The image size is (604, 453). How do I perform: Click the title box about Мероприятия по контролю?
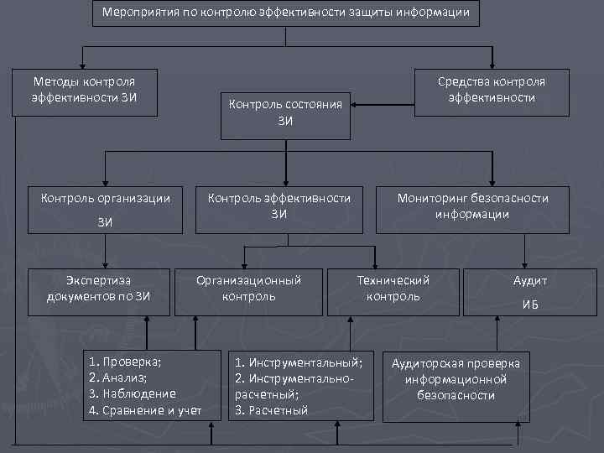285,13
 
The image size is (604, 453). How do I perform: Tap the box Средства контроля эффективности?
491,90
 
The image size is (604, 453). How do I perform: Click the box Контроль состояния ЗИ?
285,113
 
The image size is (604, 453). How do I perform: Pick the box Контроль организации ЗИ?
105,210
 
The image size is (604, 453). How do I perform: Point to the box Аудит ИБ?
529,292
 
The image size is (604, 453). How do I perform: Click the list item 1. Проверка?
125,362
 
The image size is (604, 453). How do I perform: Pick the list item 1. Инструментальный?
298,362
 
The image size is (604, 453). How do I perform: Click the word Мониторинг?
431,199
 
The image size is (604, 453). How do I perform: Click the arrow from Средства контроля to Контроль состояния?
383,105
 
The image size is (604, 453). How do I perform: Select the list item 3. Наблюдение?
132,394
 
